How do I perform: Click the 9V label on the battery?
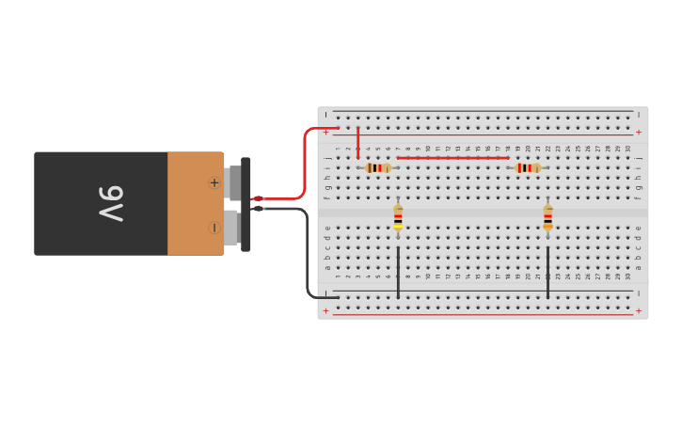click(111, 203)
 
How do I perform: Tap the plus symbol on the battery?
click(214, 182)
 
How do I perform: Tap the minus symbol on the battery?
click(214, 228)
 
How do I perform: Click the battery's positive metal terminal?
click(234, 182)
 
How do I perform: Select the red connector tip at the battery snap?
click(258, 198)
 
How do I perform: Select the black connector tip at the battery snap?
click(258, 208)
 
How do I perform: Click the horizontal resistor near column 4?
click(377, 167)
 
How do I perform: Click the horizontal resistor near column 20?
click(528, 167)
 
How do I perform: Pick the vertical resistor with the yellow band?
click(398, 217)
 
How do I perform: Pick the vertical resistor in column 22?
click(547, 217)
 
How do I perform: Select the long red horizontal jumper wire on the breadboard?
click(452, 158)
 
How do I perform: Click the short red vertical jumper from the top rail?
click(357, 142)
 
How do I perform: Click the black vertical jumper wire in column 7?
click(398, 273)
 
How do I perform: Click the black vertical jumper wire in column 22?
click(547, 273)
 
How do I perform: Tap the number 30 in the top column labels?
click(627, 149)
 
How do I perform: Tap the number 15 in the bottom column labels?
click(478, 276)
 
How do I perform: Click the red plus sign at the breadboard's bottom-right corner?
click(639, 310)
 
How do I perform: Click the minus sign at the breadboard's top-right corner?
click(639, 115)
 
